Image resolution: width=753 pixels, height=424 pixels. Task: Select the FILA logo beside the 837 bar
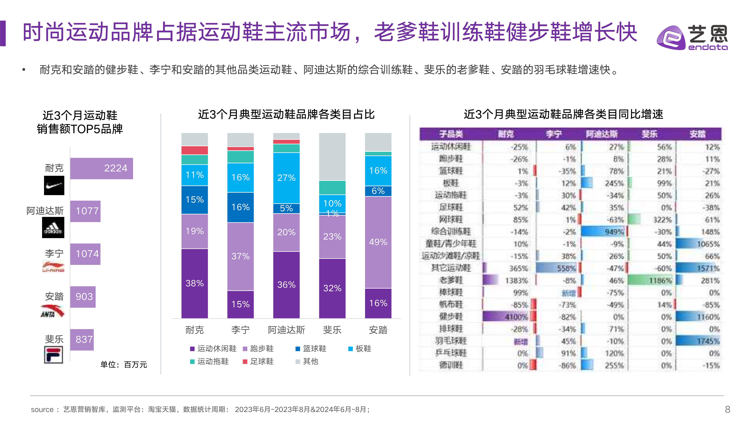point(54,355)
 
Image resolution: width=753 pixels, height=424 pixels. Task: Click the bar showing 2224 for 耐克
point(101,169)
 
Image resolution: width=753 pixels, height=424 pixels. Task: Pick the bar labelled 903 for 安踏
point(83,297)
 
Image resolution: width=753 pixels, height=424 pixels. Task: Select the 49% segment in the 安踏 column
point(378,242)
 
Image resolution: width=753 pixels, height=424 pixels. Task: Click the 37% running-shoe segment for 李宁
point(240,256)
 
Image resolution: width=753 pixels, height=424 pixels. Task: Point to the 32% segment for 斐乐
point(332,288)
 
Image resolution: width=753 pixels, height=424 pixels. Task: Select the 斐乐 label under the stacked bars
point(332,330)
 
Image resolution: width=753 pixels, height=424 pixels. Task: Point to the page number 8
point(728,409)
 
